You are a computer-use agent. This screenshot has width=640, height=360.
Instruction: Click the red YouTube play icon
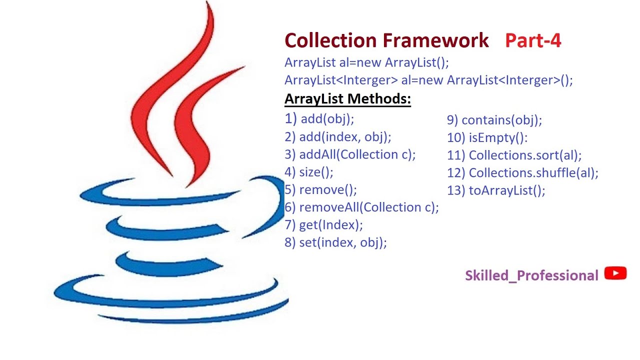click(615, 273)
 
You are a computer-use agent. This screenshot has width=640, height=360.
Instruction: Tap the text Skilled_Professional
click(531, 275)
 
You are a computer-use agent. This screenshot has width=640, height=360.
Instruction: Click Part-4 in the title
click(533, 40)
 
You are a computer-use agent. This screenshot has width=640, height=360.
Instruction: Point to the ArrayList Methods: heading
click(347, 99)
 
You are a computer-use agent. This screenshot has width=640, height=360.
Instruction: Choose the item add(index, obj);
click(338, 137)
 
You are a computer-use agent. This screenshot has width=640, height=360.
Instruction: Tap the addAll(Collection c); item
click(350, 154)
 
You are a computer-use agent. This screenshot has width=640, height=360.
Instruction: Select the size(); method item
click(309, 172)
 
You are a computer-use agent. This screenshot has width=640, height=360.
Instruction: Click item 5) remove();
click(321, 189)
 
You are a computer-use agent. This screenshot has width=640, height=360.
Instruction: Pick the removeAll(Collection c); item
click(361, 207)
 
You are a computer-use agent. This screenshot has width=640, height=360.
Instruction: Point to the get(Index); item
click(323, 225)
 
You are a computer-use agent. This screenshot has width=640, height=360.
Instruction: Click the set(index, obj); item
click(336, 242)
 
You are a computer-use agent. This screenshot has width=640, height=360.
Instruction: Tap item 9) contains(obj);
click(494, 120)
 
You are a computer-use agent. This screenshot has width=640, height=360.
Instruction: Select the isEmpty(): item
click(487, 137)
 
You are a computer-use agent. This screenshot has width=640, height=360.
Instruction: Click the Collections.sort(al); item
click(514, 155)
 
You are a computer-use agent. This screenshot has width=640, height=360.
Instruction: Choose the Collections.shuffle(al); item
click(522, 173)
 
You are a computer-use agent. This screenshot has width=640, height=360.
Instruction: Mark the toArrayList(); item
click(496, 190)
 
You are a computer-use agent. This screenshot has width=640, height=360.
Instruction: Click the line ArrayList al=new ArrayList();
click(367, 63)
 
